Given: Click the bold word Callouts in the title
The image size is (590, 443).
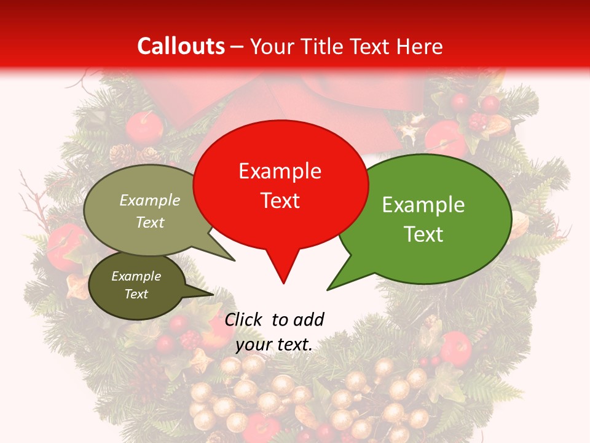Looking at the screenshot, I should coord(181,46).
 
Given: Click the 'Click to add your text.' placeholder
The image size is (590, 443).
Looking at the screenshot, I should coord(274,332).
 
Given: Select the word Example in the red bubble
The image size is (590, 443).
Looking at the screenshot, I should coord(280,171).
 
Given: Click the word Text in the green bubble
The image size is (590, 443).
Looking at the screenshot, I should coord(423,234).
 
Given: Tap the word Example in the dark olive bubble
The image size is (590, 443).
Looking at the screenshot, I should coord(136,276).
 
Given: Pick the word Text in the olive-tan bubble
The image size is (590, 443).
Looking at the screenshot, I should coord(150,223).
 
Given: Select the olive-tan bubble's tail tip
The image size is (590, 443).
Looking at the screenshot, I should coord(234,260).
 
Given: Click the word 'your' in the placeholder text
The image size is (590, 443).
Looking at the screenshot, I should coord(253,345).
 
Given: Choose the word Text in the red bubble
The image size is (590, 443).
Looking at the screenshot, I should coord(280,201).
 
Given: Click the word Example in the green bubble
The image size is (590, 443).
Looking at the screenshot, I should coord(423,205).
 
